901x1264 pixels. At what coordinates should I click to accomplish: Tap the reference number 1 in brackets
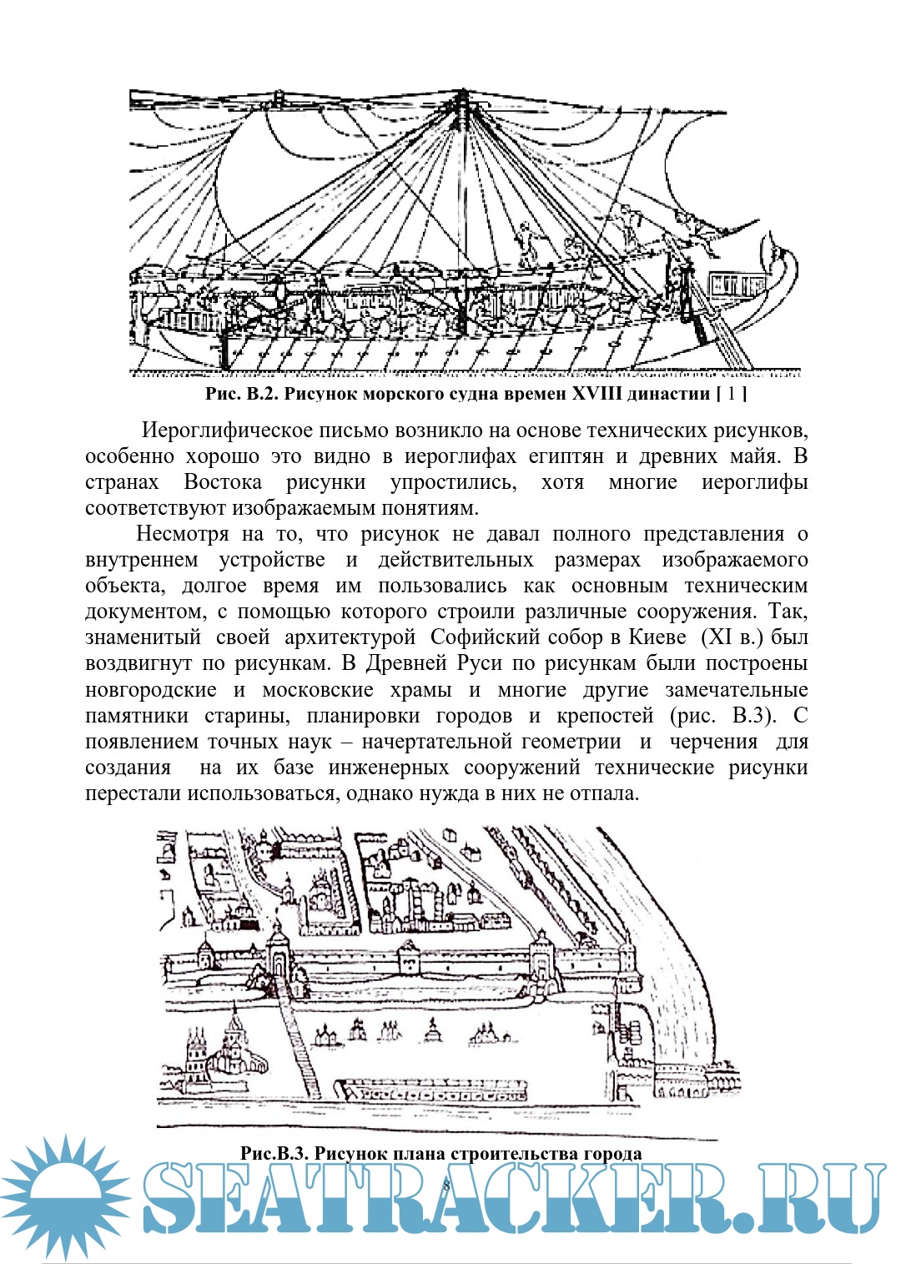click(732, 393)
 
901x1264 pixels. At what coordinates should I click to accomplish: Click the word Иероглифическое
click(229, 431)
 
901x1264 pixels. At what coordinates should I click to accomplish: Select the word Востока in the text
click(223, 482)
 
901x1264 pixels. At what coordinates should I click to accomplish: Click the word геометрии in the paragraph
click(571, 742)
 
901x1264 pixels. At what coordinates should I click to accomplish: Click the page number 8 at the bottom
click(446, 1186)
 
